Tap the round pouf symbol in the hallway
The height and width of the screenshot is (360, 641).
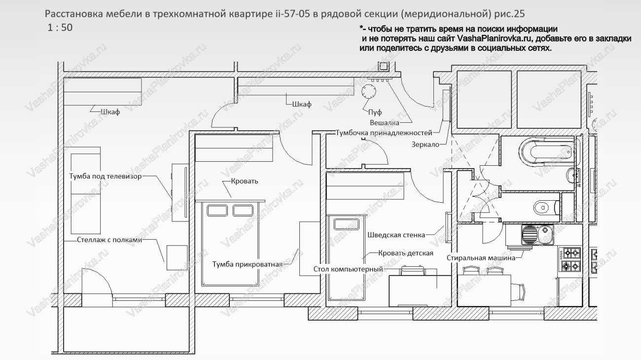(x=368, y=92)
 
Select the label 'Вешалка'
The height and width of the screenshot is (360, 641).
(x=384, y=122)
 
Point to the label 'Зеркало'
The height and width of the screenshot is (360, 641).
(x=425, y=144)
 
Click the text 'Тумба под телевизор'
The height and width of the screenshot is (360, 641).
(x=105, y=176)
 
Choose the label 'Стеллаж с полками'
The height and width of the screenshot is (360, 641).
(x=109, y=240)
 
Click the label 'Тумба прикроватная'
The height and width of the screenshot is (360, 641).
(x=248, y=264)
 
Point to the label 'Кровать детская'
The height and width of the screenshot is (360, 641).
(x=406, y=253)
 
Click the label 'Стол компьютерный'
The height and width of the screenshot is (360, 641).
(x=348, y=269)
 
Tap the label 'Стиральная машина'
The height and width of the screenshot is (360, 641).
(x=481, y=257)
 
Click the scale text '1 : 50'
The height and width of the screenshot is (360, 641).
(x=60, y=28)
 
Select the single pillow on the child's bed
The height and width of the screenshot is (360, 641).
(x=346, y=224)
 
